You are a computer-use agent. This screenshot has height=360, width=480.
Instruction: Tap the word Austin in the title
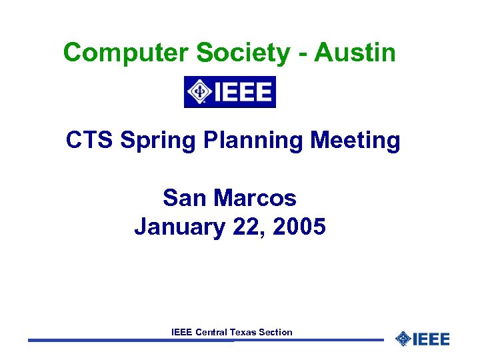(355, 52)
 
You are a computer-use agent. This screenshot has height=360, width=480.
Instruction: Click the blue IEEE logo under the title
(230, 92)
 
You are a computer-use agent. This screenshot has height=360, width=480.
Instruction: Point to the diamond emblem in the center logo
(199, 92)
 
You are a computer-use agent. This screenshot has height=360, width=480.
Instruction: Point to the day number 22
(247, 227)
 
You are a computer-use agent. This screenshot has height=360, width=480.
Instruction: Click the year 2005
(299, 227)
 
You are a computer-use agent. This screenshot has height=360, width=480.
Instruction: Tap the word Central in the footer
(211, 332)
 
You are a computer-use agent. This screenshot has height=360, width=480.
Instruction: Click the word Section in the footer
(276, 332)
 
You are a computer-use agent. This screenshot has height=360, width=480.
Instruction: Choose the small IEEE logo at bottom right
(423, 339)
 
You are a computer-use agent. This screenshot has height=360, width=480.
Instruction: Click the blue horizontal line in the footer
(133, 340)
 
